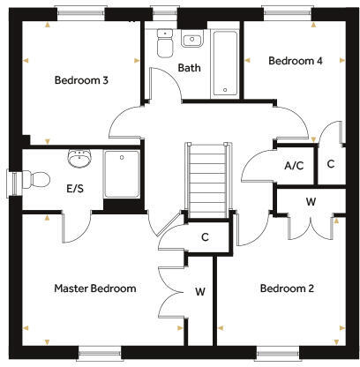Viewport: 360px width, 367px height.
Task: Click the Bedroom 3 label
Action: (x=81, y=80)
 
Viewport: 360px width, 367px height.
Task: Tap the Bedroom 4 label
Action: (x=291, y=61)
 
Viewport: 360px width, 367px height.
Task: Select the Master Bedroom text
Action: (x=94, y=288)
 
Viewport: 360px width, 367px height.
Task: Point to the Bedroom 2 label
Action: (x=287, y=288)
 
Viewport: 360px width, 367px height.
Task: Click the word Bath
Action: (x=189, y=68)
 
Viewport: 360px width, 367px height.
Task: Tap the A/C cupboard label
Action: (x=293, y=165)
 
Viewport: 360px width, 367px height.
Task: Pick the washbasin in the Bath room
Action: (x=191, y=39)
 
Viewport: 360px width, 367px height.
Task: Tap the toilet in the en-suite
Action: (x=35, y=179)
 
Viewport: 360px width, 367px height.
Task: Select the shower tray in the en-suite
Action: (x=122, y=174)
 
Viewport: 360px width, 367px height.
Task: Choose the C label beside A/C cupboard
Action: (x=331, y=164)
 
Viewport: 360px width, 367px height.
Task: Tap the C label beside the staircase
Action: (x=204, y=236)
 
